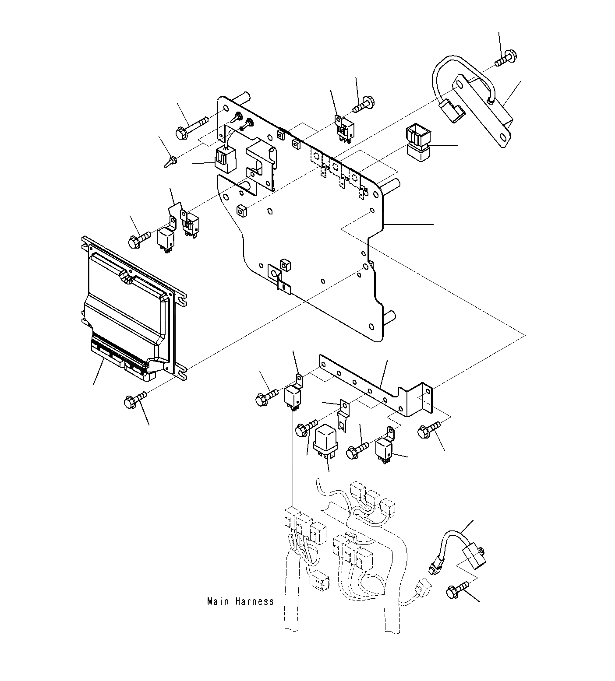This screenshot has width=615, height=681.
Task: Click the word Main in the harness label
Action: [x=218, y=601]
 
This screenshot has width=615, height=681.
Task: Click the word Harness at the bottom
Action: [x=254, y=601]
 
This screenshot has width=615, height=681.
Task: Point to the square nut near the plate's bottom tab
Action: [x=285, y=264]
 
